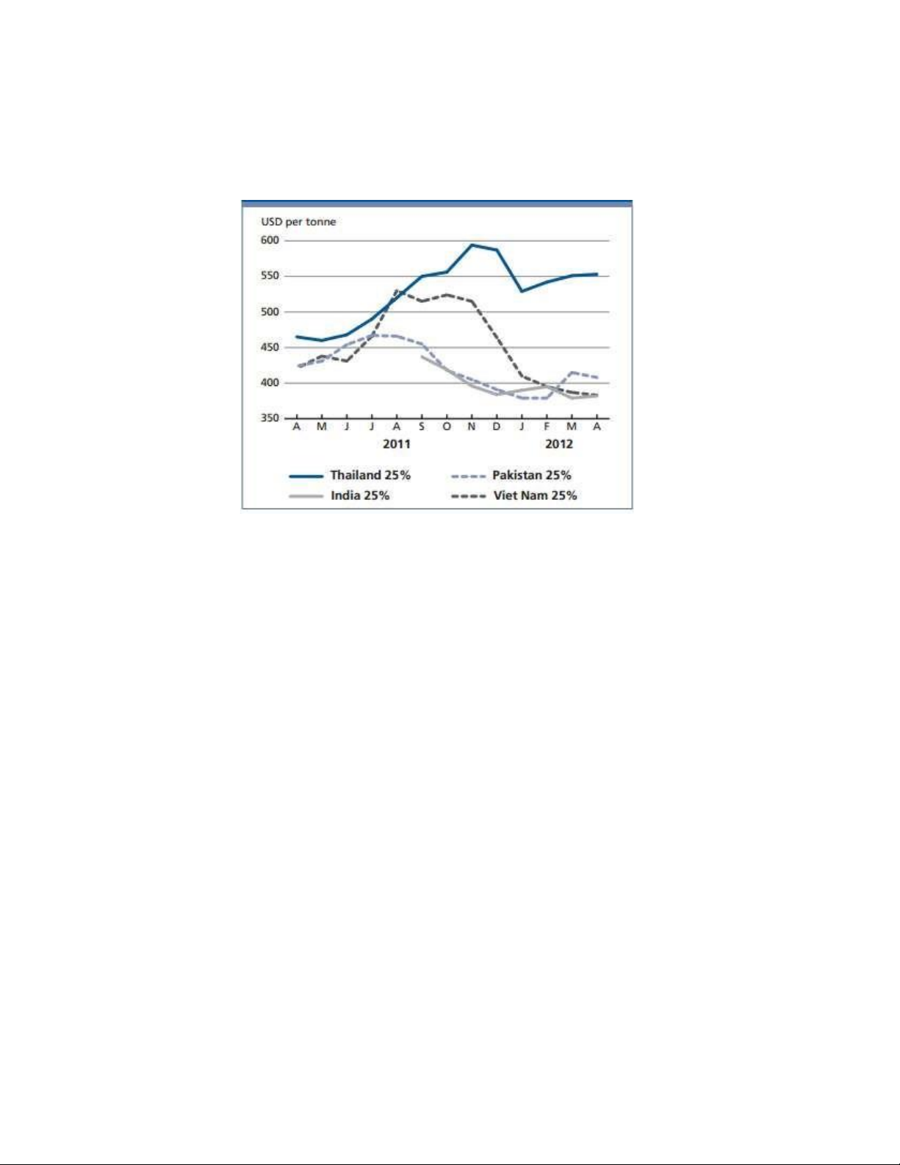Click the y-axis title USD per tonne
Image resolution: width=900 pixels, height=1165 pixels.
[x=298, y=221]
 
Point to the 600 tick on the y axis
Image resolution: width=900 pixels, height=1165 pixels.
[x=270, y=240]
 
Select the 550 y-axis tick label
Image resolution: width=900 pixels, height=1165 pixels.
[x=270, y=276]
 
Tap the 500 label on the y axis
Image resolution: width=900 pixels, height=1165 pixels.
[x=270, y=312]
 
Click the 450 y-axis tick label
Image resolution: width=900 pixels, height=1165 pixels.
[x=270, y=347]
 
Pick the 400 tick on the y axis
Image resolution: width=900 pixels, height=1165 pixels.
[x=270, y=383]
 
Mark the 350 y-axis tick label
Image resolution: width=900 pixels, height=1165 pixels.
[x=270, y=418]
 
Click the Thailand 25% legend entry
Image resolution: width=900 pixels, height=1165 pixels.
[x=370, y=476]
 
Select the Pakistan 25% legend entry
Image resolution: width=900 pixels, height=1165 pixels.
[x=531, y=476]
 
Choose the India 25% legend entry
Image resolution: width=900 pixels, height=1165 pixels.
[x=359, y=495]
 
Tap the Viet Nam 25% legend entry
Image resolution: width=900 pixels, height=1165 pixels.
[x=534, y=495]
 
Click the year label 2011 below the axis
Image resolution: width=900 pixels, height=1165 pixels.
[x=397, y=444]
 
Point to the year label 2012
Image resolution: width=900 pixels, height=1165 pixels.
[x=558, y=444]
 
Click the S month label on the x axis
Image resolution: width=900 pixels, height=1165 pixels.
[x=422, y=426]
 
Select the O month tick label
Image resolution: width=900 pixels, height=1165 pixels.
[x=447, y=426]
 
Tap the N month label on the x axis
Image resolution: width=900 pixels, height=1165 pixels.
[x=472, y=426]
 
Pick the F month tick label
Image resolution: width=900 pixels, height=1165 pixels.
[x=547, y=426]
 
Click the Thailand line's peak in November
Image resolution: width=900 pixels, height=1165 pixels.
[x=472, y=245]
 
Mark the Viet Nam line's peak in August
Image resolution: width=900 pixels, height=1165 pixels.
[x=397, y=291]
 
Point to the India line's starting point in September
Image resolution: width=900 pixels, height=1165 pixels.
[x=422, y=356]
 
